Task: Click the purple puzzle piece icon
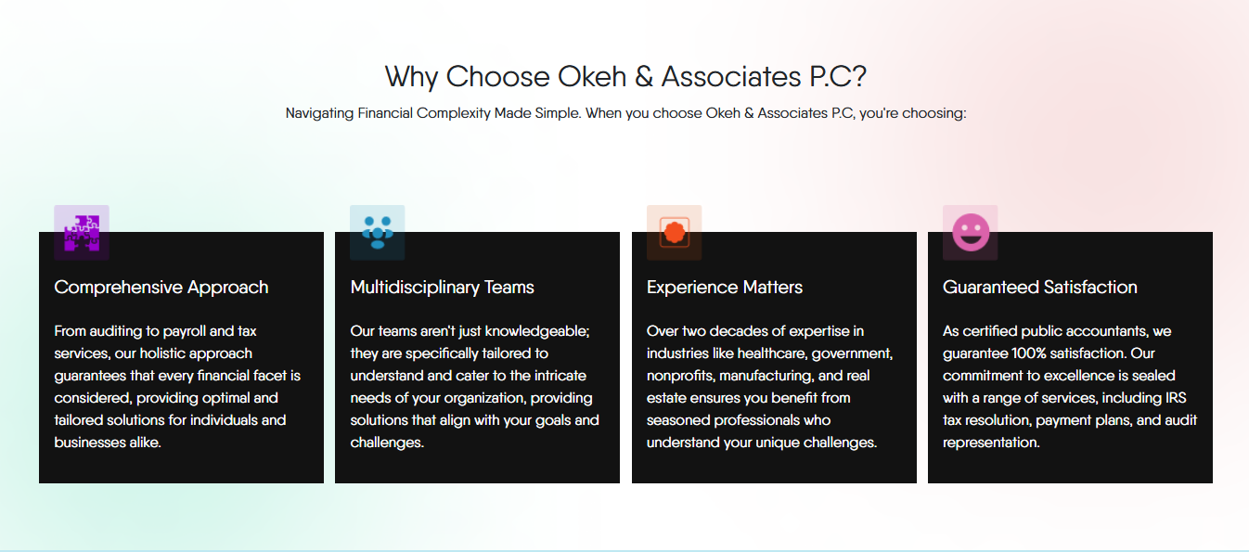[82, 233]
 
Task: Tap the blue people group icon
[378, 233]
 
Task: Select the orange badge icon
[674, 233]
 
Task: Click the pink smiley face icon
[971, 233]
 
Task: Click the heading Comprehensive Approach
[161, 288]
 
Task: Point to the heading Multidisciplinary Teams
[443, 288]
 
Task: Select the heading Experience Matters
[725, 288]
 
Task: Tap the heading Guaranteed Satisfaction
[1040, 288]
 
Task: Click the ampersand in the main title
[643, 76]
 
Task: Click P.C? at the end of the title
[838, 76]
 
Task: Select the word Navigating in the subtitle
[319, 113]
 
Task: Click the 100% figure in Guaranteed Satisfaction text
[1029, 353]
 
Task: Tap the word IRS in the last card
[1176, 398]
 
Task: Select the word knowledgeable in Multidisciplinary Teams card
[537, 332]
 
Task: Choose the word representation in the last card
[991, 443]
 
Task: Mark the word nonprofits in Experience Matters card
[681, 377]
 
